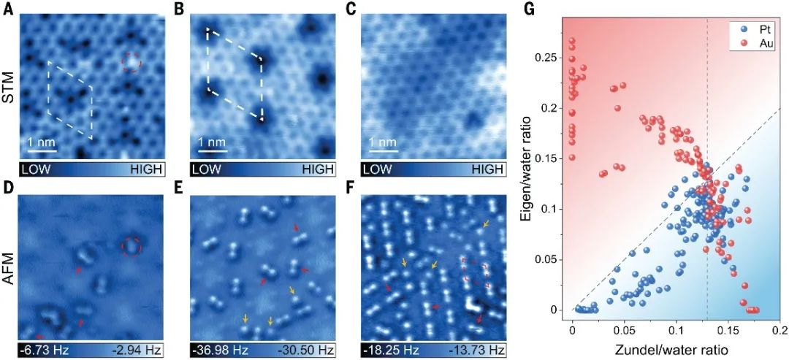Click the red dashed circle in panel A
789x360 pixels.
tap(130, 63)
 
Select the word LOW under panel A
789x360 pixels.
tap(37, 169)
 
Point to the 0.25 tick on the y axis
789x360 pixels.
tap(548, 57)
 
